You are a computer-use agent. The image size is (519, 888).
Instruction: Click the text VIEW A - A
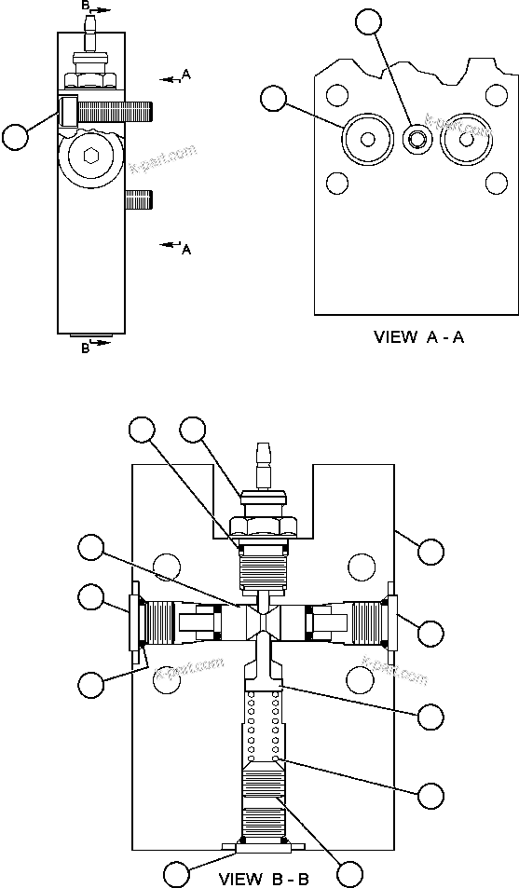(x=418, y=337)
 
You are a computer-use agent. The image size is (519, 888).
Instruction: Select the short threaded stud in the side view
(x=138, y=198)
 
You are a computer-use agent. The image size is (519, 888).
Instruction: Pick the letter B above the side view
(x=86, y=6)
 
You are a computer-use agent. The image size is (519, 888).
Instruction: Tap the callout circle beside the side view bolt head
(x=16, y=137)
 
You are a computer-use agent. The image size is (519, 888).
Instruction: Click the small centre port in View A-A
(x=415, y=140)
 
